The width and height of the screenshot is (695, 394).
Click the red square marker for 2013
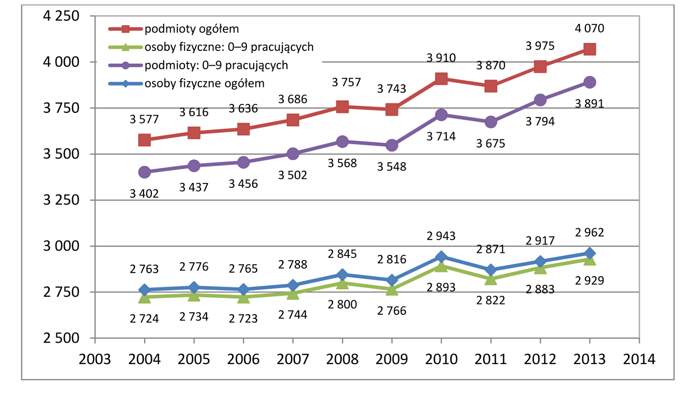tap(589, 49)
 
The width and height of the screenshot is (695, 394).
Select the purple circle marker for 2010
tap(441, 115)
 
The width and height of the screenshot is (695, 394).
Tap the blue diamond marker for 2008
tap(342, 275)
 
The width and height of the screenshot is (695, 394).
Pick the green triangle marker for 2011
tap(491, 279)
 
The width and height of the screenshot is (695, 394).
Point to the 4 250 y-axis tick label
tap(61, 16)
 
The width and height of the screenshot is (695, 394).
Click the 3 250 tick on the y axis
tap(61, 200)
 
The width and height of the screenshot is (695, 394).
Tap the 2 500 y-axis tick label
tap(61, 338)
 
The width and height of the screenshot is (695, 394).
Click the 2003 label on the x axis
tap(95, 359)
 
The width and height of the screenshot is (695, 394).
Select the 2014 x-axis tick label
tap(639, 359)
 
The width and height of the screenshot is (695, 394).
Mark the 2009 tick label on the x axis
tap(392, 359)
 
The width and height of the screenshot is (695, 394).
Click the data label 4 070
tap(589, 28)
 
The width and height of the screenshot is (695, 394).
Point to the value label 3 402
tap(144, 194)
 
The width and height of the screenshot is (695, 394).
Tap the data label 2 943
tap(441, 236)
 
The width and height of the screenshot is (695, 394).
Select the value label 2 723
tap(243, 318)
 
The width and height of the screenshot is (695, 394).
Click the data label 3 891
tap(589, 104)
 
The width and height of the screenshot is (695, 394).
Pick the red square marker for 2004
tap(145, 140)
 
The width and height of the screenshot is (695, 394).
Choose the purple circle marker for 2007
tap(293, 154)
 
